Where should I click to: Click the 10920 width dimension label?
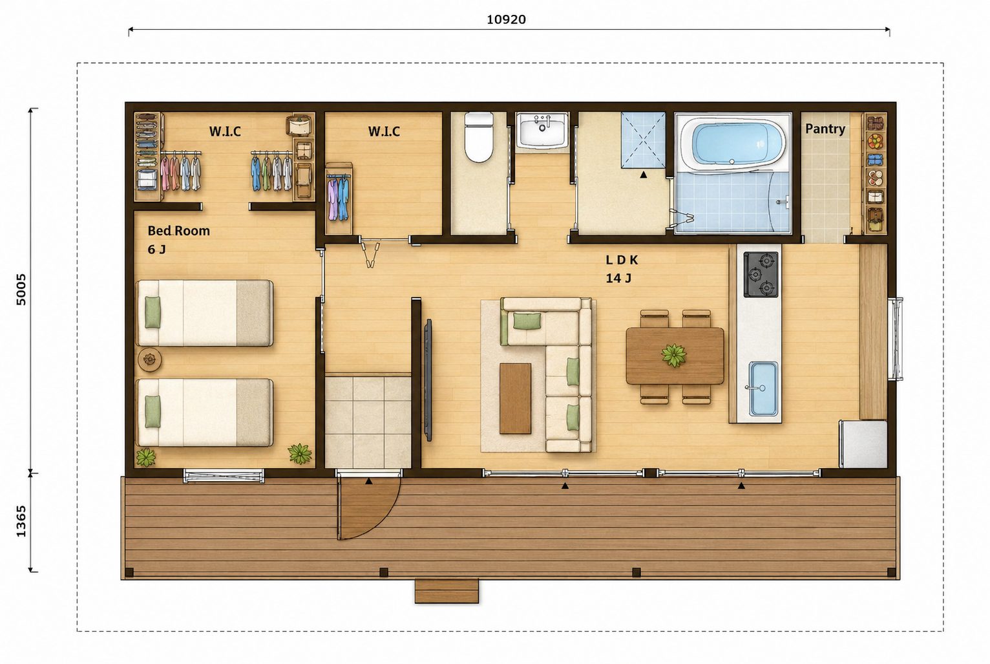click(x=506, y=19)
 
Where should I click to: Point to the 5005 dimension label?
click(x=21, y=290)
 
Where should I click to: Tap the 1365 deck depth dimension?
click(x=21, y=522)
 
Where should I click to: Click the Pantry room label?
click(x=825, y=129)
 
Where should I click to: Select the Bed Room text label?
click(x=178, y=231)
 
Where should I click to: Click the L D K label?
click(x=622, y=260)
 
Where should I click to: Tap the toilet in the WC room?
click(x=479, y=137)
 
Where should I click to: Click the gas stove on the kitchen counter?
click(x=761, y=274)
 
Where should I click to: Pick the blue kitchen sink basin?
click(x=763, y=389)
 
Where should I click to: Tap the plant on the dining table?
click(x=674, y=355)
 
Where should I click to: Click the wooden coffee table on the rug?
click(x=515, y=398)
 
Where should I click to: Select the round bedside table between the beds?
click(x=149, y=359)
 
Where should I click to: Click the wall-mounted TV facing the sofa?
click(x=427, y=380)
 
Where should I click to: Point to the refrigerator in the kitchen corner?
click(x=863, y=444)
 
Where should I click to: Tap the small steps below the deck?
click(x=447, y=591)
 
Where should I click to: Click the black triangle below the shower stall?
click(x=644, y=175)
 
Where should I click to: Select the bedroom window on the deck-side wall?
click(x=224, y=476)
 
